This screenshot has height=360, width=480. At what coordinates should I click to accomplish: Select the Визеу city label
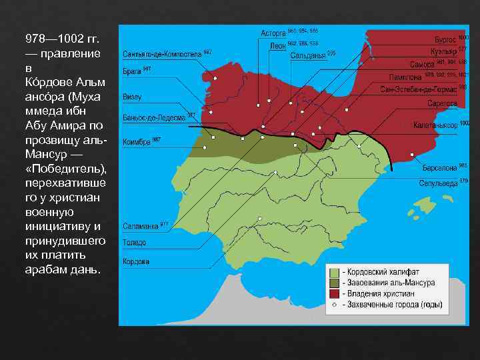coord(131,97)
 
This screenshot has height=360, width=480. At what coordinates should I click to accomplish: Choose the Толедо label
coord(134,243)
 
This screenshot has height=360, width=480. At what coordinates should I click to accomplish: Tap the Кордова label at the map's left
coord(135,261)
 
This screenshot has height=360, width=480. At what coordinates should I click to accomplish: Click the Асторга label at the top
coord(272,33)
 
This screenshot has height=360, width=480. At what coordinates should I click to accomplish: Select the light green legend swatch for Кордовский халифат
coord(333,272)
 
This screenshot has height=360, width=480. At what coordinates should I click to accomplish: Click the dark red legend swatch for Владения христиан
coord(333,293)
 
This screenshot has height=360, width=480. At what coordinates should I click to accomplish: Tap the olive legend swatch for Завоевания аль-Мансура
coord(333,283)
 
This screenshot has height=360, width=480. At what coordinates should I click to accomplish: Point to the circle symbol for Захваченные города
coord(333,304)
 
